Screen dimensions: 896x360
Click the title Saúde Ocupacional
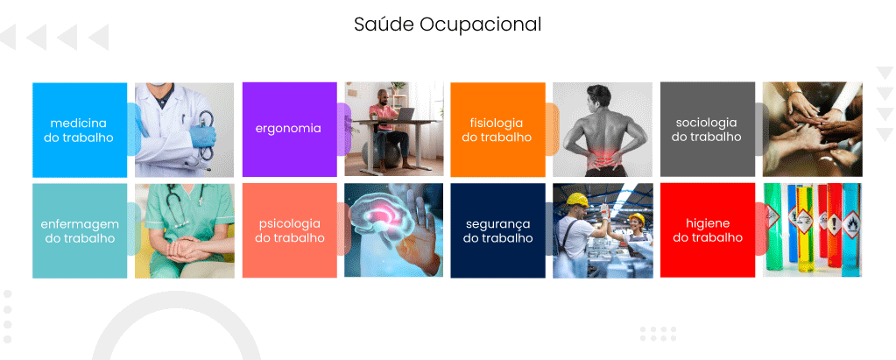(448, 25)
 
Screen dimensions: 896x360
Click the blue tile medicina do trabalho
(80, 130)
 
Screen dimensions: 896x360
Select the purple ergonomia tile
(289, 130)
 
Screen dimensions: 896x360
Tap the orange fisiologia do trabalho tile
(497, 130)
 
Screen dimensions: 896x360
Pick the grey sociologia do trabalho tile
(708, 130)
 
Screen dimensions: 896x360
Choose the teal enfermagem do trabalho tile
(80, 231)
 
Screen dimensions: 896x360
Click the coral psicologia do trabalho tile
(289, 231)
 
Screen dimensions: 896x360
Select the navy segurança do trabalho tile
(497, 231)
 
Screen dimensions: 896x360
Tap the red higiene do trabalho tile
(708, 231)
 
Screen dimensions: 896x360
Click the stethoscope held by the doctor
(205, 134)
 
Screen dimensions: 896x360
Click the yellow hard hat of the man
(578, 200)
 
